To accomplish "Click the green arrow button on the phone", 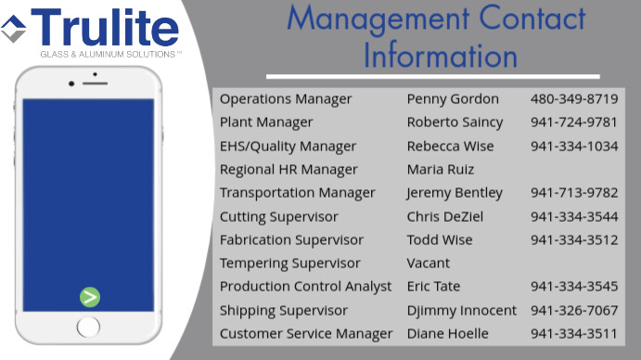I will [89, 297].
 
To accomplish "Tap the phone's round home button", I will [88, 326].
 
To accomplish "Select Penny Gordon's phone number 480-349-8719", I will [573, 99].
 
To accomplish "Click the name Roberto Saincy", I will [455, 122].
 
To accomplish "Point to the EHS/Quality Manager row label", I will [288, 147].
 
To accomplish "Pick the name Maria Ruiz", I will [441, 170].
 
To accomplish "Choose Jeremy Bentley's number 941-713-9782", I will [573, 193].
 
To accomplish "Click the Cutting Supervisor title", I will [279, 216].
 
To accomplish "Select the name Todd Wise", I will [440, 240].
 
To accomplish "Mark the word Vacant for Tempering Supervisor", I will [429, 264].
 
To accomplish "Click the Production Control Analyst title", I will [306, 287].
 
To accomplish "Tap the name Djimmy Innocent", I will [461, 310].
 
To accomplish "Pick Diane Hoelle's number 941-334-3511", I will [573, 334].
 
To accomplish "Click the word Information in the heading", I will [440, 55].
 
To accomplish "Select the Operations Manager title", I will [286, 99].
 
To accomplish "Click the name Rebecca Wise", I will [450, 147].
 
